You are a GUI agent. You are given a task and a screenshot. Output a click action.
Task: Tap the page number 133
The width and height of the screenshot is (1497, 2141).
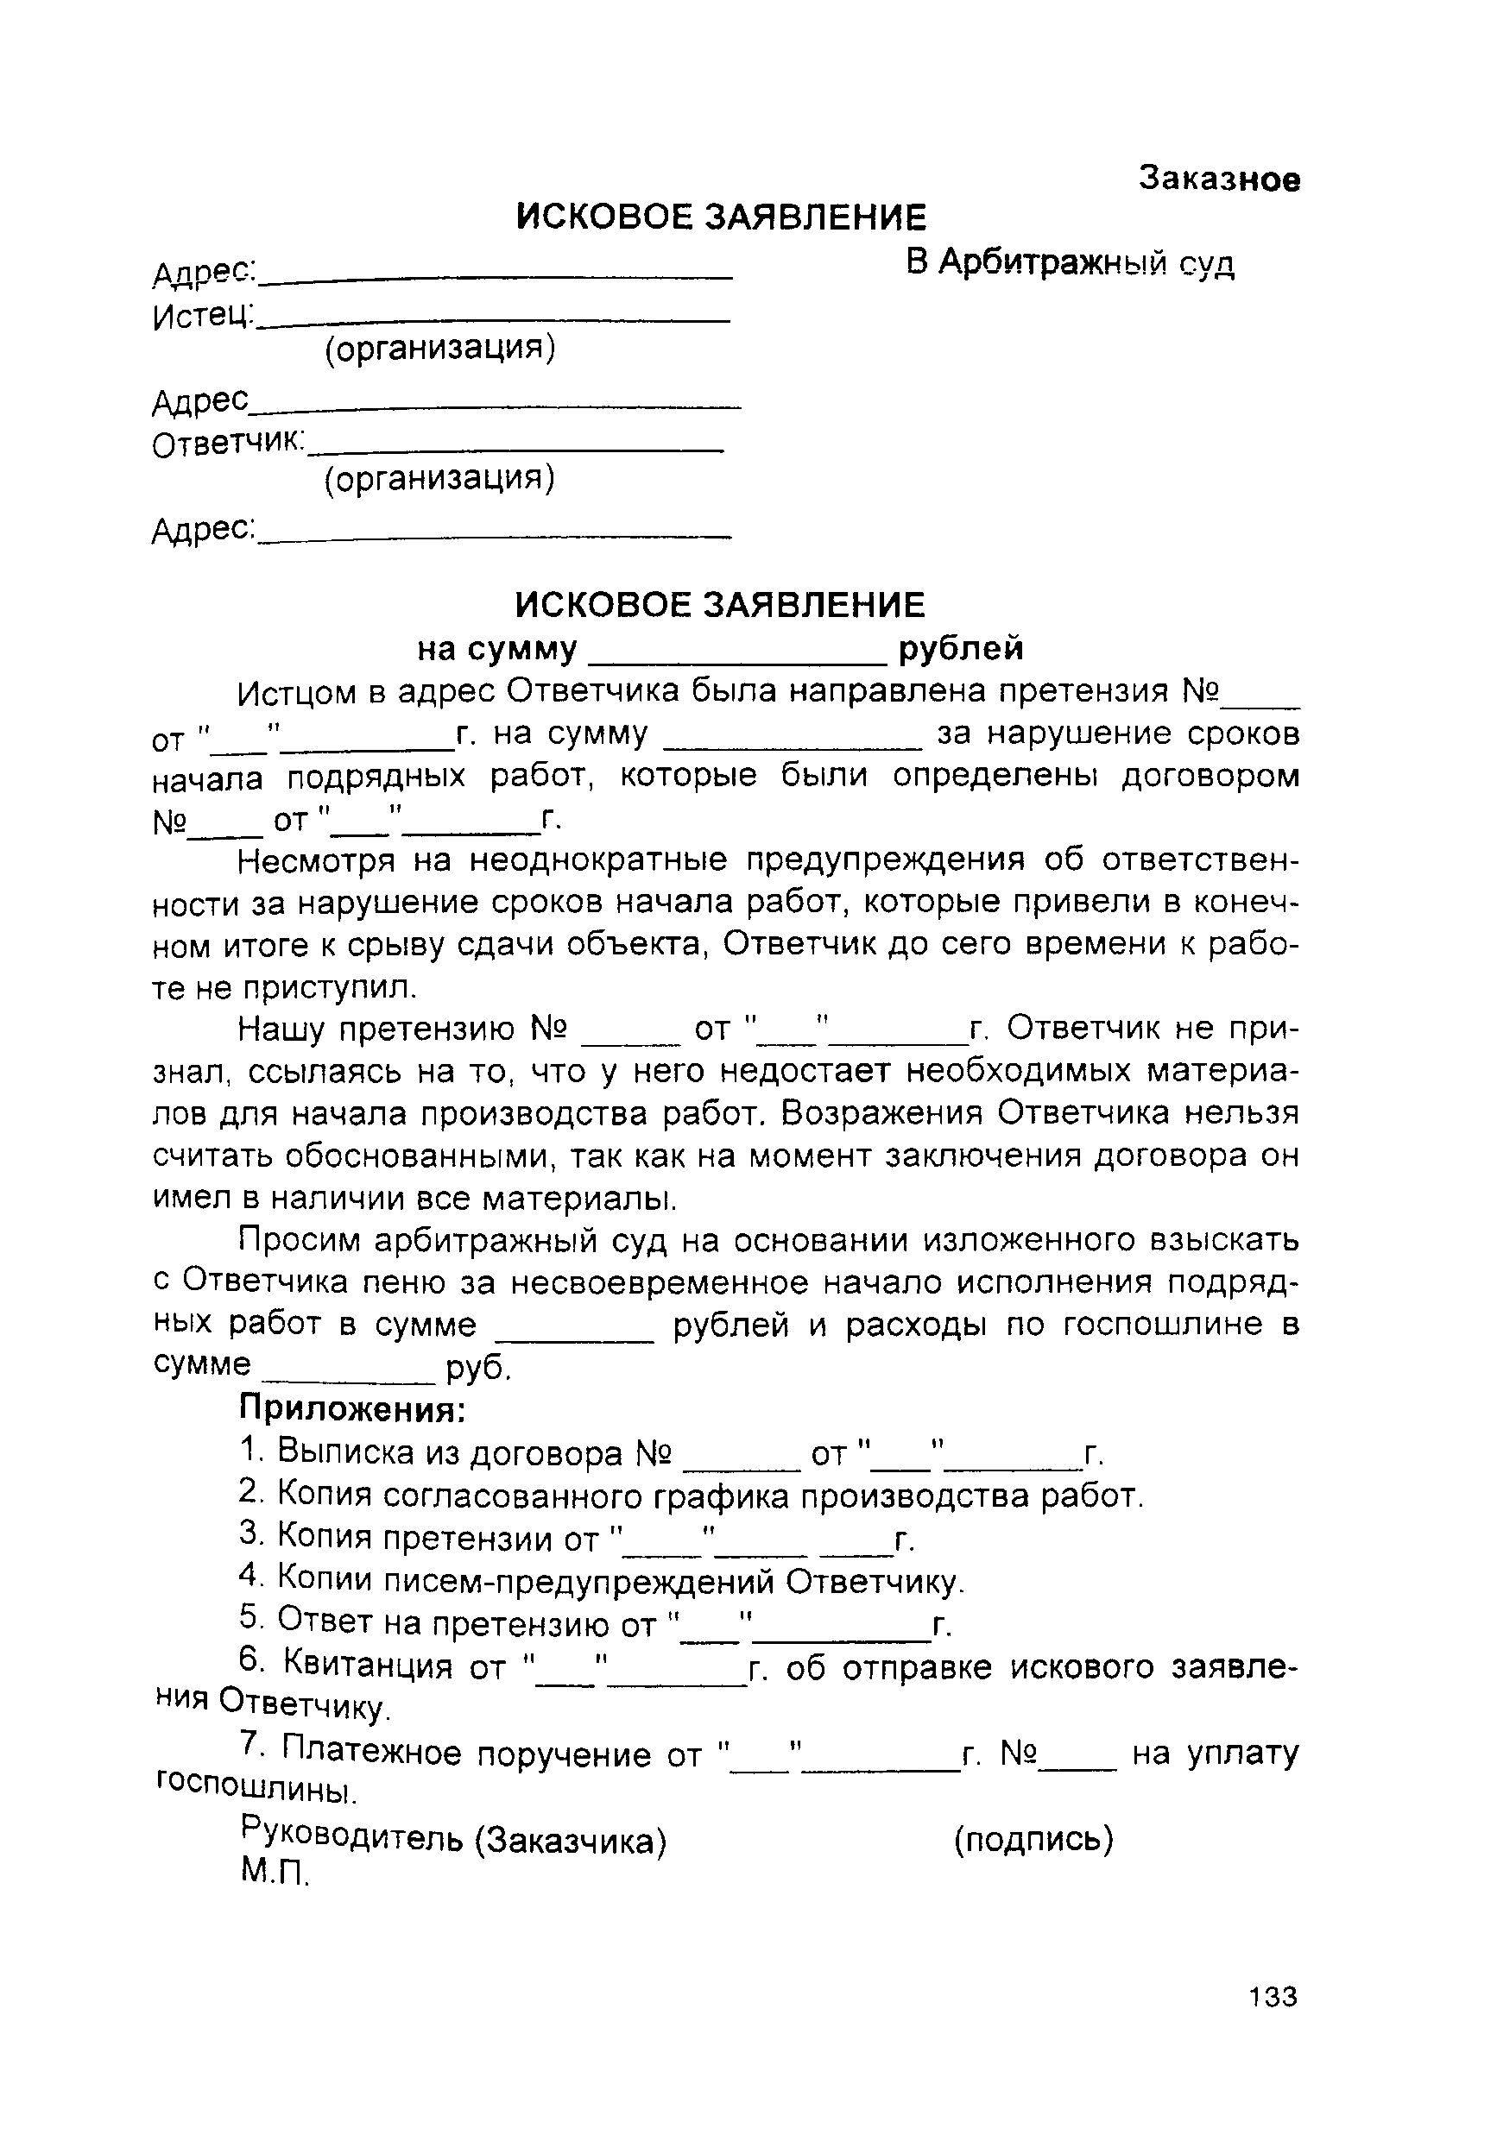pos(1273,1998)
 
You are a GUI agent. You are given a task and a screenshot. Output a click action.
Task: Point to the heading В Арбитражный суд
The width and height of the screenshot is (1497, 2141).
pos(1071,264)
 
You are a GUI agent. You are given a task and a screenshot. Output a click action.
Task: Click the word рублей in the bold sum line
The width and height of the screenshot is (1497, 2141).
pos(961,647)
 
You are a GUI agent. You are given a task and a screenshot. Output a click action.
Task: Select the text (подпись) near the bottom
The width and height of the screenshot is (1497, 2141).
pos(1033,1840)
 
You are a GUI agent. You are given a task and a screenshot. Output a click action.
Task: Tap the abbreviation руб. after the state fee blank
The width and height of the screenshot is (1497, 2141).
pos(478,1367)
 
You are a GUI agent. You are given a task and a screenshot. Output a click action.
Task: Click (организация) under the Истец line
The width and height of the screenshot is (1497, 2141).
pos(439,348)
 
